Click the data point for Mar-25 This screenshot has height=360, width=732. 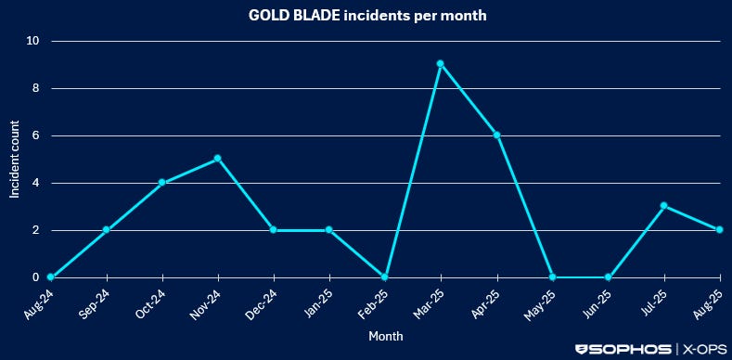(x=441, y=64)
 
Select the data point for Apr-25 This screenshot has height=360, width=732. (x=497, y=135)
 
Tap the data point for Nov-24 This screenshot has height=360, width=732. (x=217, y=159)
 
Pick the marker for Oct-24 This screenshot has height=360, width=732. (x=162, y=183)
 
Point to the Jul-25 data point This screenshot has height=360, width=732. (x=664, y=206)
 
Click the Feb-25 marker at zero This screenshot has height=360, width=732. (x=385, y=277)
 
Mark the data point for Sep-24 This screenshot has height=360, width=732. (x=107, y=230)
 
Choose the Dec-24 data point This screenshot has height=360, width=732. (x=273, y=230)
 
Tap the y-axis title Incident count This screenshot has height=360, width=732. (x=15, y=160)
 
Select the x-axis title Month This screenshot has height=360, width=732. (x=386, y=336)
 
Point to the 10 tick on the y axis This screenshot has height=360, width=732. (x=32, y=41)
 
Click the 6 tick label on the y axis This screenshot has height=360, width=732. (x=35, y=135)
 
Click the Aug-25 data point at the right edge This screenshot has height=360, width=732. (x=720, y=230)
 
